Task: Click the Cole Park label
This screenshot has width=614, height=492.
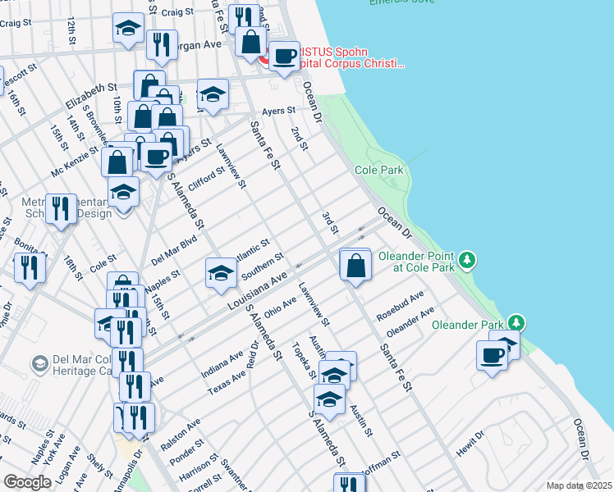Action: tap(379, 170)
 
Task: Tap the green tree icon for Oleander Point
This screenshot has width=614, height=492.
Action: tap(467, 260)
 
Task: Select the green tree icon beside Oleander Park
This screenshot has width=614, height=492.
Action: tap(515, 321)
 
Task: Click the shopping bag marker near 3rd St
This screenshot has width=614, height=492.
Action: tap(355, 266)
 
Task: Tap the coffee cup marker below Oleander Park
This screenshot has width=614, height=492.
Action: tap(493, 356)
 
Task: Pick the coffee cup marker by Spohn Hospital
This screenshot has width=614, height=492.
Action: tap(285, 57)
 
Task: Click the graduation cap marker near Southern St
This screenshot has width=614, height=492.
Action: tap(221, 272)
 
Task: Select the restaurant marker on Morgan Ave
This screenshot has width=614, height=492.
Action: tap(162, 44)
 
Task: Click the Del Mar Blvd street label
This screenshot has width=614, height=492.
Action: tap(174, 253)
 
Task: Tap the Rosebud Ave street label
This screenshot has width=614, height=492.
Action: tap(400, 305)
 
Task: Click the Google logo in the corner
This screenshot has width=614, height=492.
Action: tap(28, 481)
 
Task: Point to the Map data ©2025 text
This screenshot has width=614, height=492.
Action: tap(578, 485)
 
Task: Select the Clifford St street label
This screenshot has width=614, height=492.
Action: tap(206, 178)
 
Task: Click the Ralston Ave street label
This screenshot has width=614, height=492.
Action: tap(185, 432)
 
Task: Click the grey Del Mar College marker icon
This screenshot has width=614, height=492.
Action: tap(39, 362)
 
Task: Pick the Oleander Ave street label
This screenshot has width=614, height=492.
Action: tap(410, 321)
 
